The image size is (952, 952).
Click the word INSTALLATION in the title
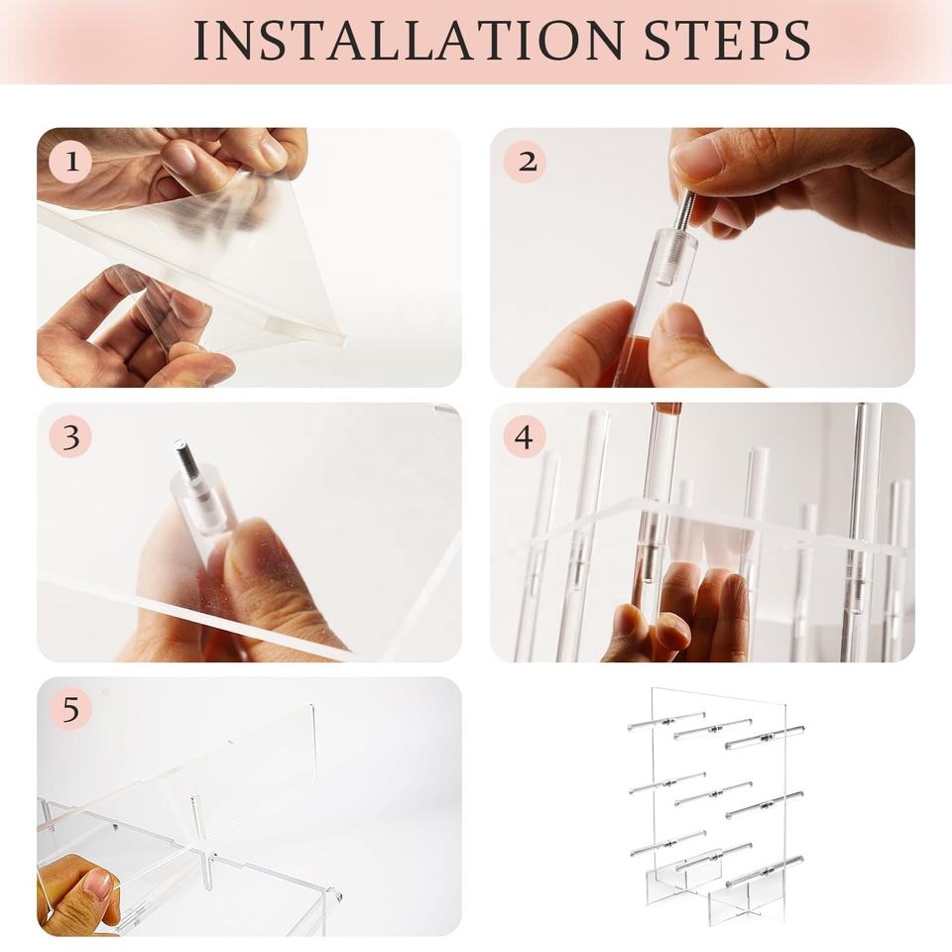pos(409,41)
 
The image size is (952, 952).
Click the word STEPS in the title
pos(727,41)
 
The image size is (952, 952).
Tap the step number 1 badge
pos(71,162)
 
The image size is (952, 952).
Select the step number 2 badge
pos(526,162)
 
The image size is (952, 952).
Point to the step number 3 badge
pos(71,436)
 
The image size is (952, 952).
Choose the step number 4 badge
pos(526,436)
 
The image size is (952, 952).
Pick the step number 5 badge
pos(71,709)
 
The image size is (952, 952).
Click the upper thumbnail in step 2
pos(696,155)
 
